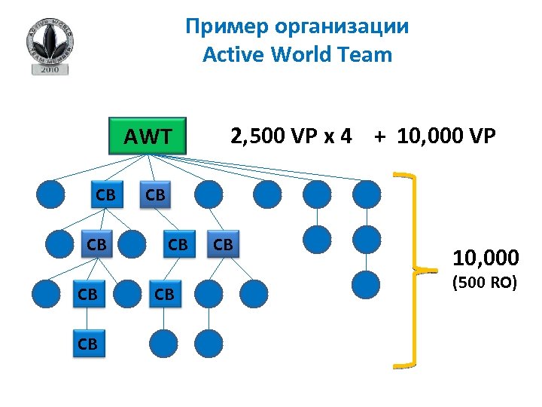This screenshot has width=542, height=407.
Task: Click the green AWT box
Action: (x=148, y=136)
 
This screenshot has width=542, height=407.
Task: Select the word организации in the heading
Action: (x=342, y=26)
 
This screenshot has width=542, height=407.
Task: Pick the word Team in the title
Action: (x=367, y=54)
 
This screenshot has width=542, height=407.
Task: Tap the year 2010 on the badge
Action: (x=50, y=69)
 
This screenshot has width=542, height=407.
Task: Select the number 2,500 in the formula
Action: (x=256, y=136)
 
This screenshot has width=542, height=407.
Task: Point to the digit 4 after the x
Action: (x=346, y=136)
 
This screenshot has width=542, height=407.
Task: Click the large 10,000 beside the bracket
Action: (x=485, y=259)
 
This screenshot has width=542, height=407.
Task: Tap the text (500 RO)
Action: (x=484, y=285)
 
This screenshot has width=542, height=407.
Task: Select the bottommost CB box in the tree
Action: (x=88, y=344)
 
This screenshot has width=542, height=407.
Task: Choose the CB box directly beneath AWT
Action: (x=155, y=194)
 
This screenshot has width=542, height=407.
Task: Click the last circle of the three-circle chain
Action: (x=366, y=284)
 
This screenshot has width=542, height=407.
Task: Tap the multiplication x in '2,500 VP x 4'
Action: (x=326, y=136)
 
